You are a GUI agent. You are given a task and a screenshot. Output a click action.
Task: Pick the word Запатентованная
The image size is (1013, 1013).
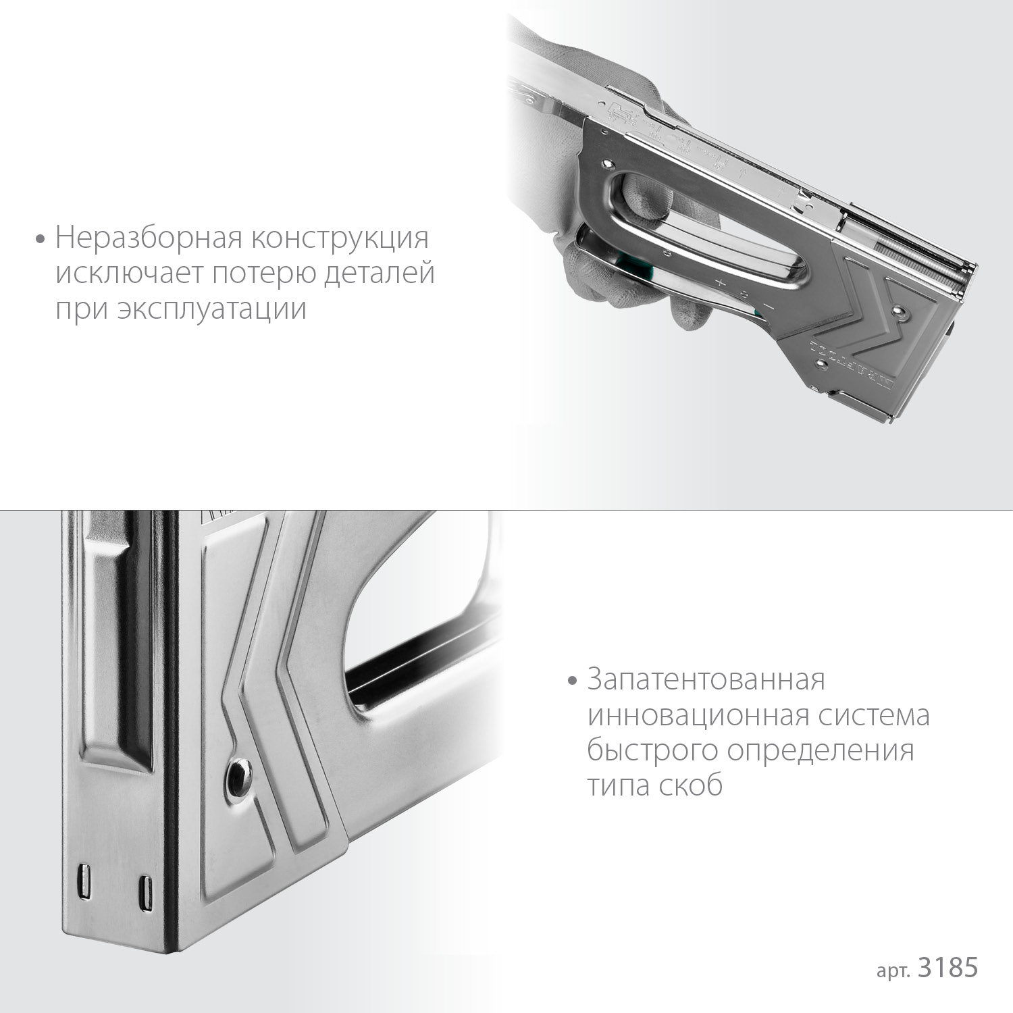point(706,679)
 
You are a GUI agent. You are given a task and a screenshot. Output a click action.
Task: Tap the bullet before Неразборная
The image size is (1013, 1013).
point(42,239)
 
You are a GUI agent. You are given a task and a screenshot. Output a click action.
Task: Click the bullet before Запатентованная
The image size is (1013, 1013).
point(573,680)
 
